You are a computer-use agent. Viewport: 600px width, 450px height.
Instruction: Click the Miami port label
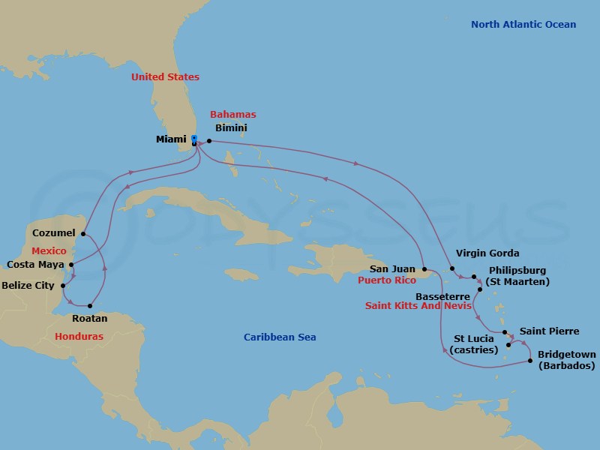tap(172, 139)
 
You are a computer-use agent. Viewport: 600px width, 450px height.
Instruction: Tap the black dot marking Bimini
tap(209, 141)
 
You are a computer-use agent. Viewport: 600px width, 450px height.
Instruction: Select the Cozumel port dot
tap(82, 233)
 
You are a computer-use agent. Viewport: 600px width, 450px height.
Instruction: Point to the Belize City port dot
tap(63, 285)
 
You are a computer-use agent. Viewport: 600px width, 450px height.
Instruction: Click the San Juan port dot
tap(424, 268)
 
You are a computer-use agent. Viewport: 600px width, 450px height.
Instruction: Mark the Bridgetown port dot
tap(531, 361)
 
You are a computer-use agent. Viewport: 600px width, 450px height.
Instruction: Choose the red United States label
tap(165, 77)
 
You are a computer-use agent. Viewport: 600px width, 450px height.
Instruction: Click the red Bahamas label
tap(232, 115)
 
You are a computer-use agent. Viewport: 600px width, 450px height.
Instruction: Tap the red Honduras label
tap(79, 337)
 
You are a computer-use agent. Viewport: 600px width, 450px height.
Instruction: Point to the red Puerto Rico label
tap(386, 280)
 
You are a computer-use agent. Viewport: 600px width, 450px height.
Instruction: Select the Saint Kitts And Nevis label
tap(418, 306)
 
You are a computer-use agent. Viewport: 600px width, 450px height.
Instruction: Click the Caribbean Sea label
tap(280, 337)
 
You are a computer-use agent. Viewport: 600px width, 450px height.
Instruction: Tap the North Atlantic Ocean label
tap(523, 25)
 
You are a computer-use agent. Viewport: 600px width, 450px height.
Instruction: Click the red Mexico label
tap(49, 251)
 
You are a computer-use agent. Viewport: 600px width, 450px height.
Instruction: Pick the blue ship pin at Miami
tap(193, 139)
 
